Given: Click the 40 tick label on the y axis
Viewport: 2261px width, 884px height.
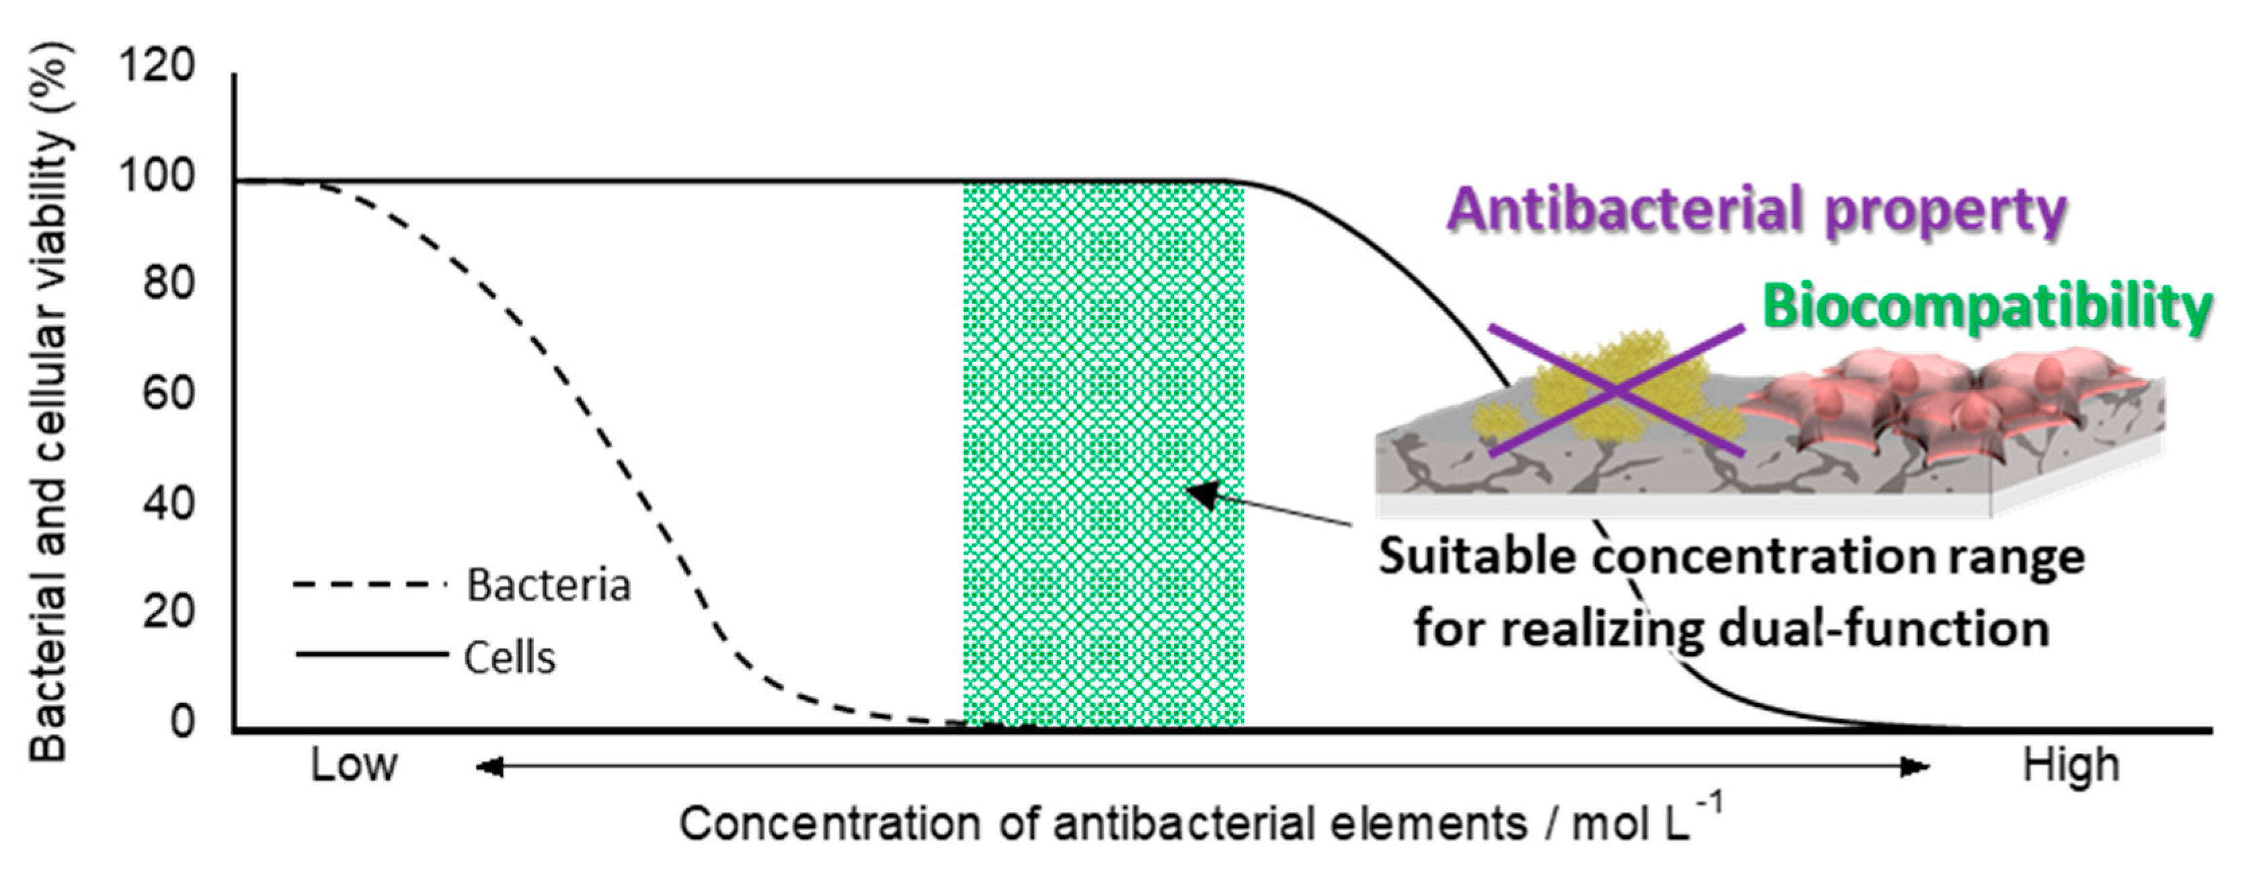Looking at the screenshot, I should pyautogui.click(x=169, y=503).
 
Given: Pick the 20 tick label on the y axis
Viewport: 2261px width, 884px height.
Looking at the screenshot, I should pyautogui.click(x=169, y=611).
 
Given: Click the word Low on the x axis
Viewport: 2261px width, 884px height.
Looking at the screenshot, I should pyautogui.click(x=354, y=766).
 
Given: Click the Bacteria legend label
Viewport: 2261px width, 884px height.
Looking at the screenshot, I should pyautogui.click(x=549, y=585).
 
